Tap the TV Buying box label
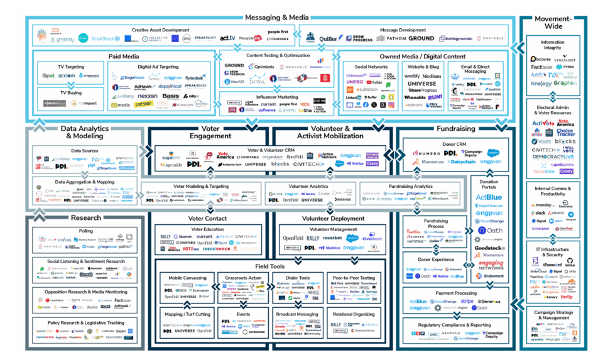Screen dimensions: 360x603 tap(71, 92)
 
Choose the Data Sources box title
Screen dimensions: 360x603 tap(84, 151)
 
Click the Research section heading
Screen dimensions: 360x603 tap(86, 218)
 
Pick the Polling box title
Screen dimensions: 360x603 tap(86, 231)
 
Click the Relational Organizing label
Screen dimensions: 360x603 tap(354, 315)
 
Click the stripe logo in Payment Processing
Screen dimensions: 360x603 tap(467, 302)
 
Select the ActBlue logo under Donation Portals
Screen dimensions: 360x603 tap(489, 197)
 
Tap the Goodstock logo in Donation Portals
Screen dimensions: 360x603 tap(489, 248)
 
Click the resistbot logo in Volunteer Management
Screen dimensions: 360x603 tap(333, 238)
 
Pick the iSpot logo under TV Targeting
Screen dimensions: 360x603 tap(48, 75)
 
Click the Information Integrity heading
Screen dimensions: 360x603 tap(552, 45)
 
